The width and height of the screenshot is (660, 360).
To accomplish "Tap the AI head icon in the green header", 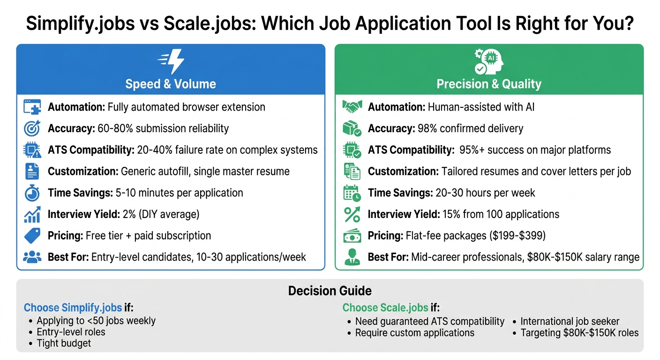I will click(488, 61).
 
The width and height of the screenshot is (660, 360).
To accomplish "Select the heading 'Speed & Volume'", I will click(171, 84).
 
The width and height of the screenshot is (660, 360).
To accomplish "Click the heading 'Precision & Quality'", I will click(489, 84).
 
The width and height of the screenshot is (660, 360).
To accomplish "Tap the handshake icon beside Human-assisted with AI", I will click(352, 107).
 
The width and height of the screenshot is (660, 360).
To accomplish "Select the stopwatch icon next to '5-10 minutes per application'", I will click(32, 193).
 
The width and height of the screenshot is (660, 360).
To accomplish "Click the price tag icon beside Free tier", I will click(32, 236).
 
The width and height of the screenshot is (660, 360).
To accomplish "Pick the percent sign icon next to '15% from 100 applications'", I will click(352, 214).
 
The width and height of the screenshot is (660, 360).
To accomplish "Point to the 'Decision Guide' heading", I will click(330, 291).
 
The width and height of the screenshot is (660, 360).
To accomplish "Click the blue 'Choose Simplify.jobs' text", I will click(73, 307).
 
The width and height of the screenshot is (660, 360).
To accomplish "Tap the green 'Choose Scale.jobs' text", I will click(385, 307).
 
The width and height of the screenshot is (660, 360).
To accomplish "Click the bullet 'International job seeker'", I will click(570, 321).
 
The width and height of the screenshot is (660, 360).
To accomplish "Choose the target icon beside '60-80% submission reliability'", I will click(32, 128).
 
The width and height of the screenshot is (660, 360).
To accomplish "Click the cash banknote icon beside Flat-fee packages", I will click(352, 236).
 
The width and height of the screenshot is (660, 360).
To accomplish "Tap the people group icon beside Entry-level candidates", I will click(32, 257).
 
